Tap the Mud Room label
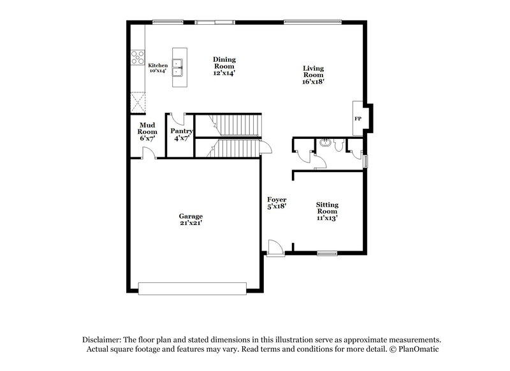tap(147, 127)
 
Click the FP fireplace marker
tap(358, 119)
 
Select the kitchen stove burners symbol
tap(138, 58)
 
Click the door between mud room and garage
tap(147, 153)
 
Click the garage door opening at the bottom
tap(193, 289)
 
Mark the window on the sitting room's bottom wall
tap(327, 253)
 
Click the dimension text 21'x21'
tap(191, 224)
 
